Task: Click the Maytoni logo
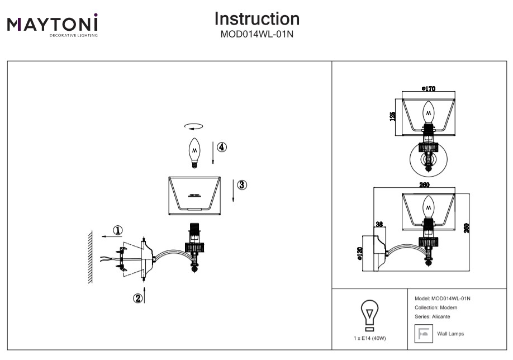(x=53, y=25)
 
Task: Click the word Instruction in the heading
(x=257, y=19)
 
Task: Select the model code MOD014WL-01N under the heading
(x=257, y=34)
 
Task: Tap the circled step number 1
(x=117, y=230)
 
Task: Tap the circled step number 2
(x=137, y=298)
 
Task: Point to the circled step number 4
(x=222, y=148)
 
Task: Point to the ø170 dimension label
(x=429, y=89)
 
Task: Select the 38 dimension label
(x=378, y=224)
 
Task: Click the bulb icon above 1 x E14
(x=369, y=315)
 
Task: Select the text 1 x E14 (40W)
(x=369, y=339)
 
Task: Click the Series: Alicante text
(x=433, y=317)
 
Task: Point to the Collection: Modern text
(x=436, y=308)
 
